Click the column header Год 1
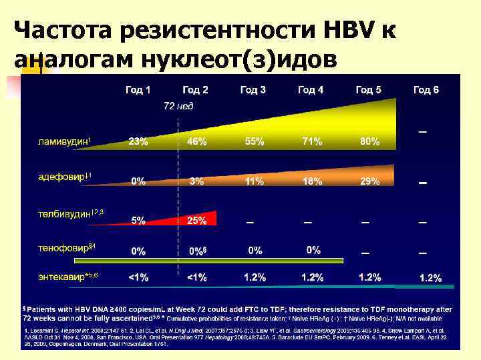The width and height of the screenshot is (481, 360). pyautogui.click(x=138, y=89)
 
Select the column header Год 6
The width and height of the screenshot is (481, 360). pyautogui.click(x=426, y=89)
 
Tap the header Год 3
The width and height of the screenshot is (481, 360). pyautogui.click(x=253, y=89)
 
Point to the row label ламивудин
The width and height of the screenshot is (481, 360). pyautogui.click(x=63, y=141)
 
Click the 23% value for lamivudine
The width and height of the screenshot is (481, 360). pyautogui.click(x=138, y=142)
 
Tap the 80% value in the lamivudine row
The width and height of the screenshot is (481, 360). pyautogui.click(x=369, y=142)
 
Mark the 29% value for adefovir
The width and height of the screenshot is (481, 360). pyautogui.click(x=369, y=181)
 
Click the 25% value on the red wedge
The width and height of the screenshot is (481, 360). pyautogui.click(x=196, y=221)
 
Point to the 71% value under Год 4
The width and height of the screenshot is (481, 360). pyautogui.click(x=311, y=142)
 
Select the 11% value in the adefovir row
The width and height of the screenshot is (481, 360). pyautogui.click(x=254, y=181)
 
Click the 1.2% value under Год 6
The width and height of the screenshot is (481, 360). pyautogui.click(x=430, y=279)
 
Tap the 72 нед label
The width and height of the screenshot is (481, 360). pyautogui.click(x=178, y=107)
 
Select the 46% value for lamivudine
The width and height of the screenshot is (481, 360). pyautogui.click(x=196, y=142)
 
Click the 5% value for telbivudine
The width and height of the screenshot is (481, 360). pyautogui.click(x=138, y=221)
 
